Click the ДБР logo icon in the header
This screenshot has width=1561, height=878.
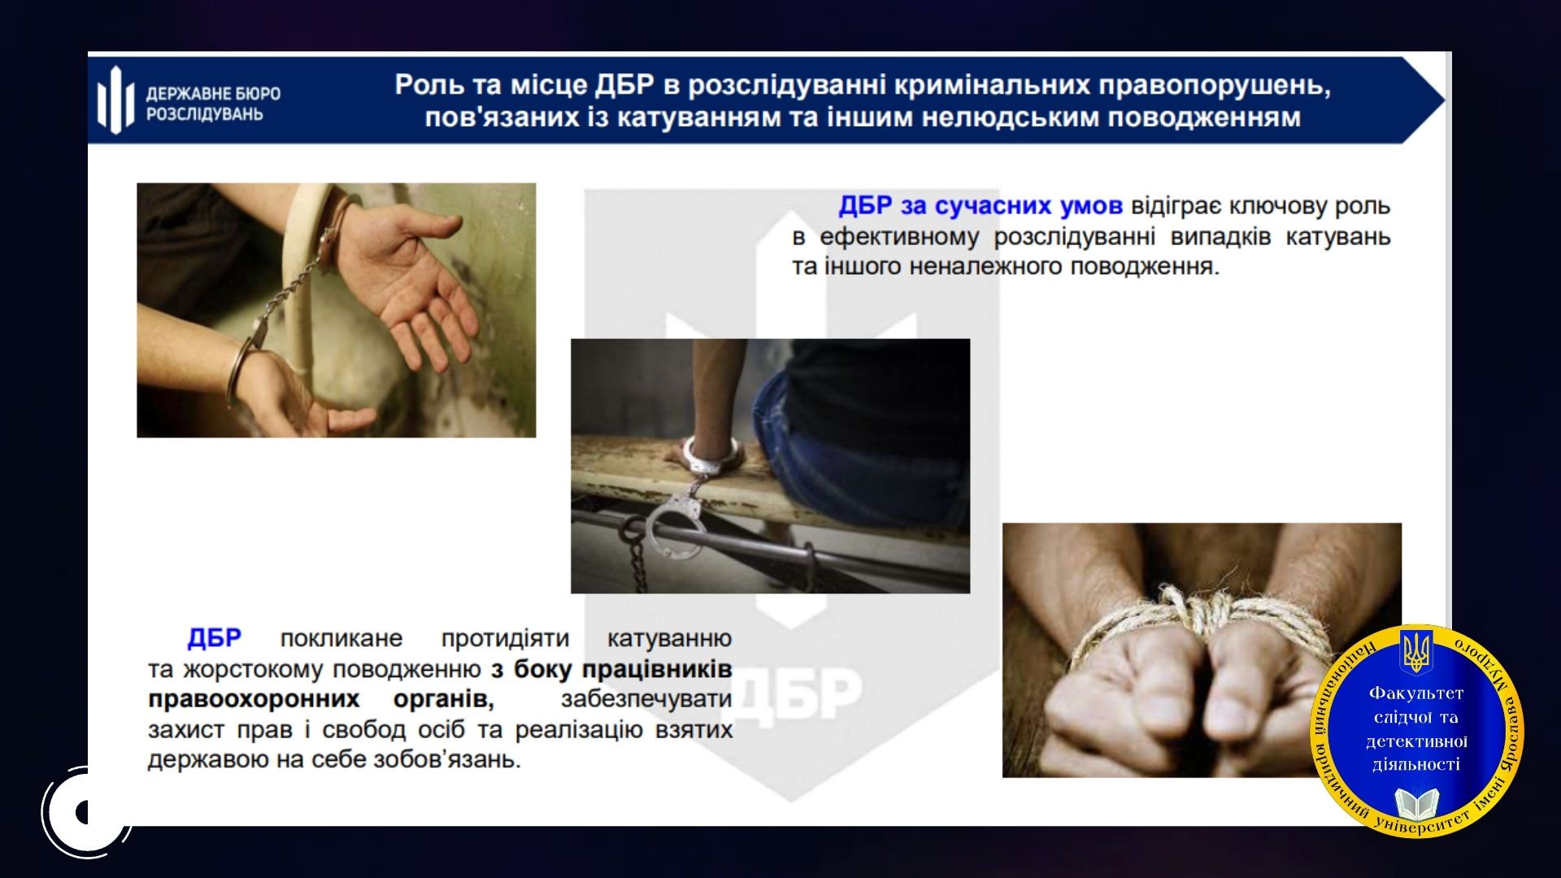tap(115, 100)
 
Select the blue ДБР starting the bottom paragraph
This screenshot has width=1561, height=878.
tap(215, 638)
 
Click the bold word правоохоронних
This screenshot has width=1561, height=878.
tap(254, 699)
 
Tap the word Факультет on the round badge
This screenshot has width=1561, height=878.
tap(1416, 693)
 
